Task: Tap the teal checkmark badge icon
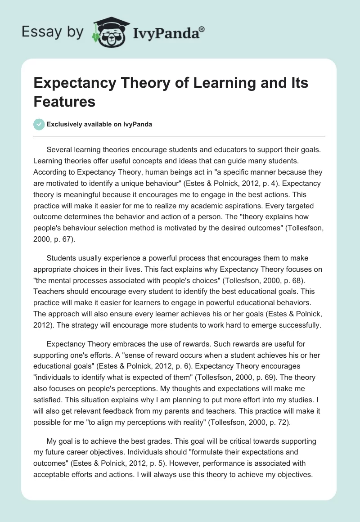(x=39, y=124)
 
